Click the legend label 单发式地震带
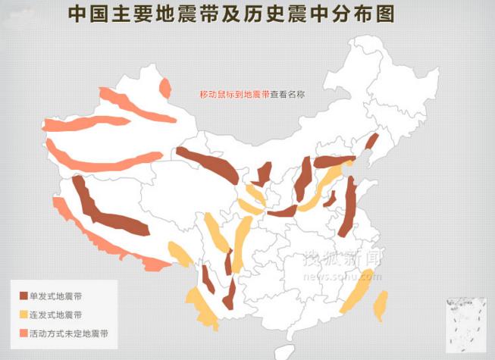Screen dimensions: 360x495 pyautogui.click(x=57, y=296)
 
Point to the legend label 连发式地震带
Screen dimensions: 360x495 pyautogui.click(x=57, y=315)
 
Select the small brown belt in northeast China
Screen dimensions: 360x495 pyautogui.click(x=371, y=142)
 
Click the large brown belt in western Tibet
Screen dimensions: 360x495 pyautogui.click(x=102, y=211)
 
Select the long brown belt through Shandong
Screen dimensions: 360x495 pyautogui.click(x=349, y=208)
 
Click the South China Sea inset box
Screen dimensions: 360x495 pyautogui.click(x=465, y=321)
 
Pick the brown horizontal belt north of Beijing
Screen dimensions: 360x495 pyautogui.click(x=333, y=161)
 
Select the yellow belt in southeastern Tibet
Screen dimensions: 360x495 pyautogui.click(x=180, y=255)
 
